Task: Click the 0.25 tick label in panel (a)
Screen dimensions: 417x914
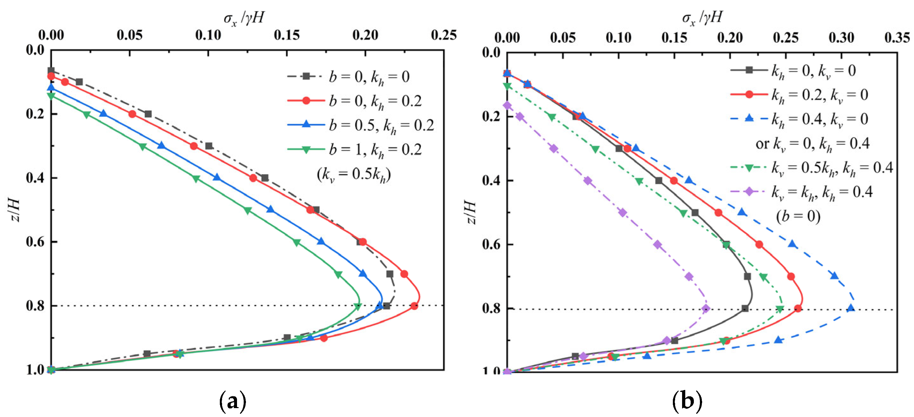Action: pos(443,35)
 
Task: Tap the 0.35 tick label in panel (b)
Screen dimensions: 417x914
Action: pos(897,38)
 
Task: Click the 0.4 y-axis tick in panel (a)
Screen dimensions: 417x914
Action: pos(36,177)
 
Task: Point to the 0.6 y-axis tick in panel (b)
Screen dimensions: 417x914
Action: pos(491,245)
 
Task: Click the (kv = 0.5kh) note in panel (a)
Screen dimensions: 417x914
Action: pos(354,174)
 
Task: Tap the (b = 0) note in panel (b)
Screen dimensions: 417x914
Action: pos(798,216)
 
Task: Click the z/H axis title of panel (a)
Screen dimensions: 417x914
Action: pos(15,210)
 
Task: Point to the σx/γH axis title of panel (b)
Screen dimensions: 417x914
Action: pos(702,17)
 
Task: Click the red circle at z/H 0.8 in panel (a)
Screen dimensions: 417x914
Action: pos(414,306)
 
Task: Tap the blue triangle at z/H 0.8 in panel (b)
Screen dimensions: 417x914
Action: pos(850,308)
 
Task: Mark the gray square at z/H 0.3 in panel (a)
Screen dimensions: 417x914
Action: pos(209,146)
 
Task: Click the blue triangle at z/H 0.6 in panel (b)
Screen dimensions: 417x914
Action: pos(792,244)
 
